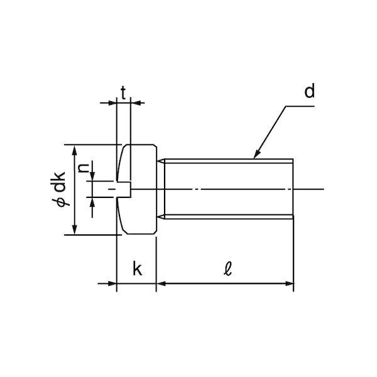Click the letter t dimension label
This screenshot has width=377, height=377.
tap(123, 93)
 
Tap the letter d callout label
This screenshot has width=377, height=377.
tap(309, 90)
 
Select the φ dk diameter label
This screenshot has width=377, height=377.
tap(59, 189)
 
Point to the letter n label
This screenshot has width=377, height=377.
tap(83, 168)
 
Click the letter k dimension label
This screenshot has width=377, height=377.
tap(137, 269)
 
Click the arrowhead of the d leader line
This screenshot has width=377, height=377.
tap(257, 154)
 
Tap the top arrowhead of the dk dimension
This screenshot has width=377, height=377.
tap(75, 150)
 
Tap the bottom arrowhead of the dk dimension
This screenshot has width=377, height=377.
tap(75, 229)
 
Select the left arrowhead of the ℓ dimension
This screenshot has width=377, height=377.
tap(161, 284)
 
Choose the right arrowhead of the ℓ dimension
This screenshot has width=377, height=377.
tap(289, 284)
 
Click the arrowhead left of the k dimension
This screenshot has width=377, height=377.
tap(112, 284)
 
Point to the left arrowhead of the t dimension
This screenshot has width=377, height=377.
tap(112, 103)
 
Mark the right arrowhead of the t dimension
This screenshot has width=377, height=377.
tap(135, 103)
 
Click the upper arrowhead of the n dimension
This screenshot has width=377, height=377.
tap(92, 176)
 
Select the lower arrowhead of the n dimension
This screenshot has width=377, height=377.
tap(92, 202)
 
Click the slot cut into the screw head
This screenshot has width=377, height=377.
tap(124, 189)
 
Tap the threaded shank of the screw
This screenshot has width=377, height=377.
tap(229, 189)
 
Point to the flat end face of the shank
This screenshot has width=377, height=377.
tap(293, 189)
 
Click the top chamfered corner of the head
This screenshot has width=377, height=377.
tap(155, 146)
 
